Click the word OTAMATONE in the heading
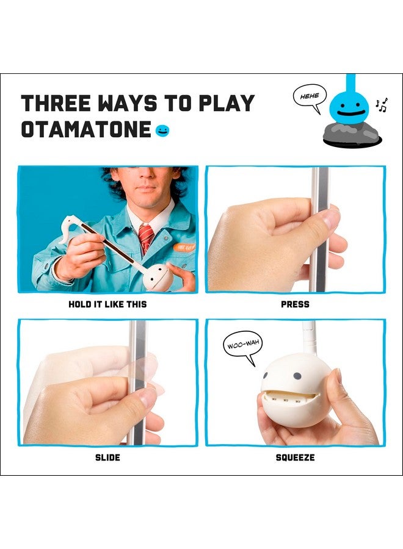pos(86,129)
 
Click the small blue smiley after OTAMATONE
pos(162,131)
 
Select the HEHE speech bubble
pos(310,98)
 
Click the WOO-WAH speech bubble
pos(243,348)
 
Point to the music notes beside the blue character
pos(381,105)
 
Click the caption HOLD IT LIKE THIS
pos(107,304)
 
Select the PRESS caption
pos(295,304)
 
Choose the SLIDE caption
pos(107,457)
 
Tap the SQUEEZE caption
pos(295,457)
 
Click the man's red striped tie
pos(146,237)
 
